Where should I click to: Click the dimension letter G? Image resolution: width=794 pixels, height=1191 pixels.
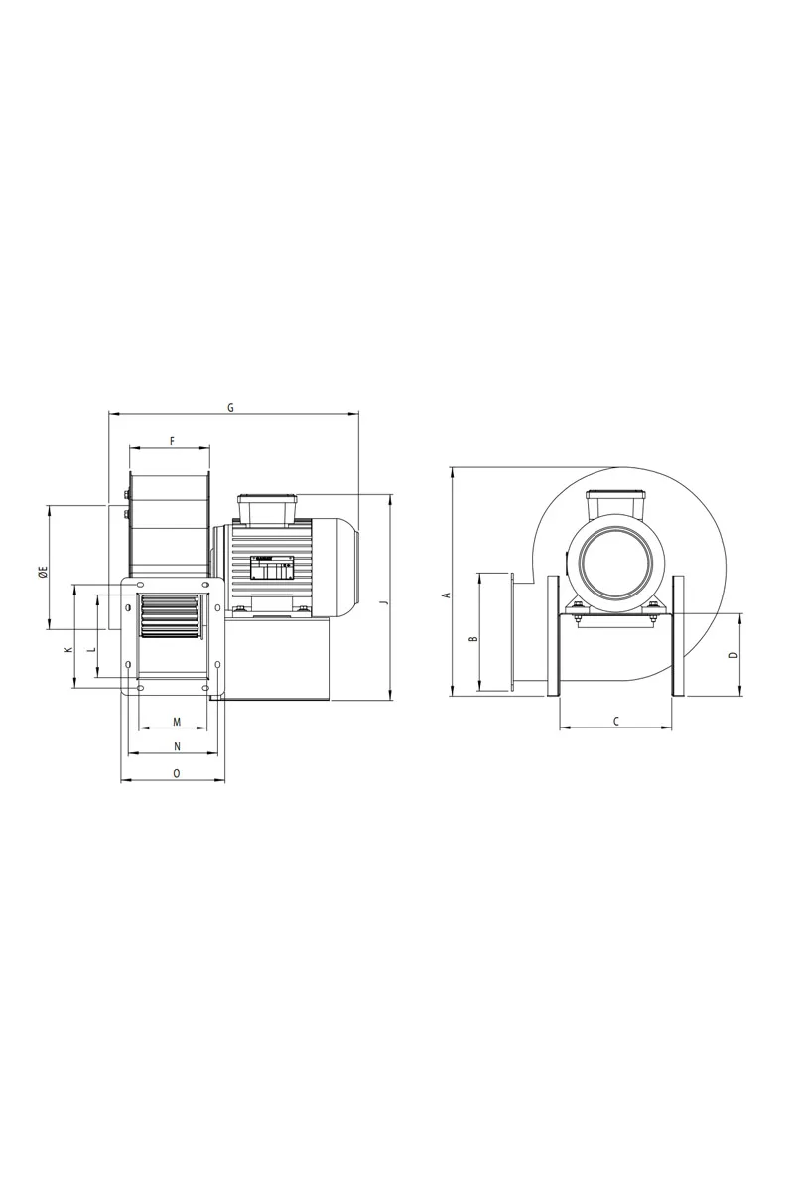tap(230, 408)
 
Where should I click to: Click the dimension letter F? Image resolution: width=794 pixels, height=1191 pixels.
tap(172, 441)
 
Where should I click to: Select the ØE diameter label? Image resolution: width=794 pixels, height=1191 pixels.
tap(43, 573)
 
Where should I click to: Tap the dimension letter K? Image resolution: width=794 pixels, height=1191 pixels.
tap(67, 650)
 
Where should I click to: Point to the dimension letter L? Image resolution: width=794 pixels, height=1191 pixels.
tap(91, 650)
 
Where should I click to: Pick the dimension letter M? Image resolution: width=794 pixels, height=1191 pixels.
tap(177, 722)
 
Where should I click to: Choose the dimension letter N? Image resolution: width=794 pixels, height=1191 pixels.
tap(177, 747)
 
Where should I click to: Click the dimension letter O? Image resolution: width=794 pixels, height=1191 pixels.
tap(177, 773)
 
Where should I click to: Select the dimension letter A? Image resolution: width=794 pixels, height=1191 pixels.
tap(448, 595)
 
